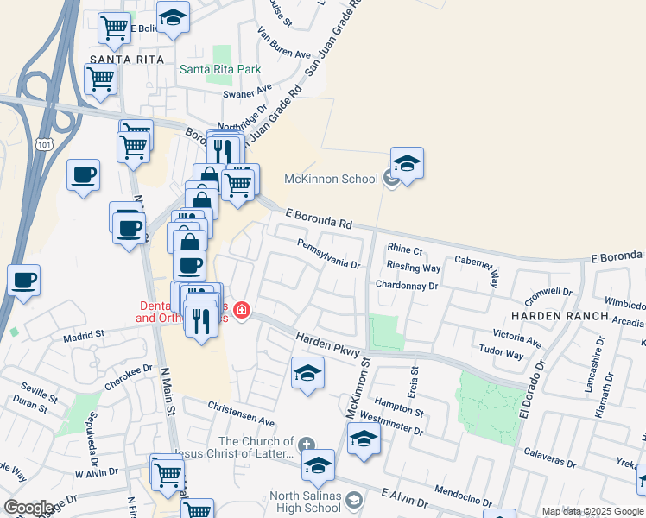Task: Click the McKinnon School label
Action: click(x=332, y=179)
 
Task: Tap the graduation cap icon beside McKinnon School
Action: click(x=408, y=161)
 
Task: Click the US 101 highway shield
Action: click(x=45, y=145)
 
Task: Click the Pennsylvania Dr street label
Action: click(x=328, y=253)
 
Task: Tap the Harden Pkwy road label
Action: click(x=325, y=342)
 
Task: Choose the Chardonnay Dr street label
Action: click(x=407, y=285)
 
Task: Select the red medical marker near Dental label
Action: click(x=243, y=311)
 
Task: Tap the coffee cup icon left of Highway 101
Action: click(x=23, y=281)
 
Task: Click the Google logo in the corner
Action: click(x=28, y=508)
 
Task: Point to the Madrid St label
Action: click(x=83, y=333)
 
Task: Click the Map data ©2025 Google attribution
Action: click(x=592, y=511)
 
